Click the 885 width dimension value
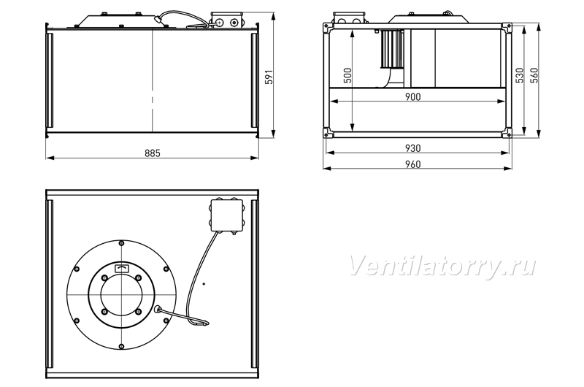[153, 153]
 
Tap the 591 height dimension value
[269, 77]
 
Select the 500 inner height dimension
[347, 75]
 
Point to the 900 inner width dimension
[412, 97]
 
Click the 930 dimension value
[412, 148]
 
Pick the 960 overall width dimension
[412, 164]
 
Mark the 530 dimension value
[520, 75]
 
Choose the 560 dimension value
[534, 75]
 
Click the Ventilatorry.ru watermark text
[442, 267]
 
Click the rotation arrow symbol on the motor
[122, 268]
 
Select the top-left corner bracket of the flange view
[327, 27]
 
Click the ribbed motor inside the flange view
[391, 49]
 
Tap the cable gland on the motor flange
[158, 309]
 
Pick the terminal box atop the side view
[226, 20]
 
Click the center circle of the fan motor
[121, 295]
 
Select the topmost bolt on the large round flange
[121, 243]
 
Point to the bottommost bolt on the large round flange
[121, 346]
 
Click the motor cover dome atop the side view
[115, 21]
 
